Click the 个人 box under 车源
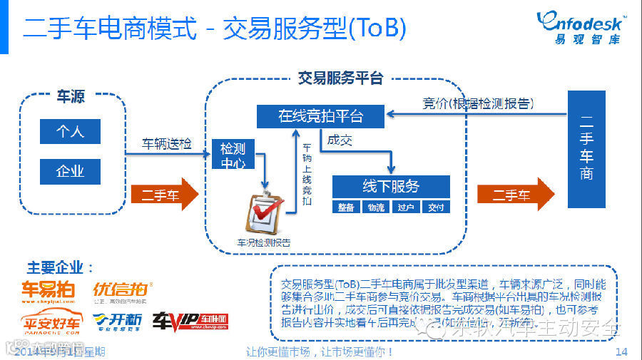70,132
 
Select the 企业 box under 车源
70,172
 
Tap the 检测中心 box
233,155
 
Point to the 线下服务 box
391,187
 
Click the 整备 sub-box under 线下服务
346,207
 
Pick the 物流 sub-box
376,207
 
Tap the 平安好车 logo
50,323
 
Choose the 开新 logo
117,322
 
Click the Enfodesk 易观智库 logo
581,27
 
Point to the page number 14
621,351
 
